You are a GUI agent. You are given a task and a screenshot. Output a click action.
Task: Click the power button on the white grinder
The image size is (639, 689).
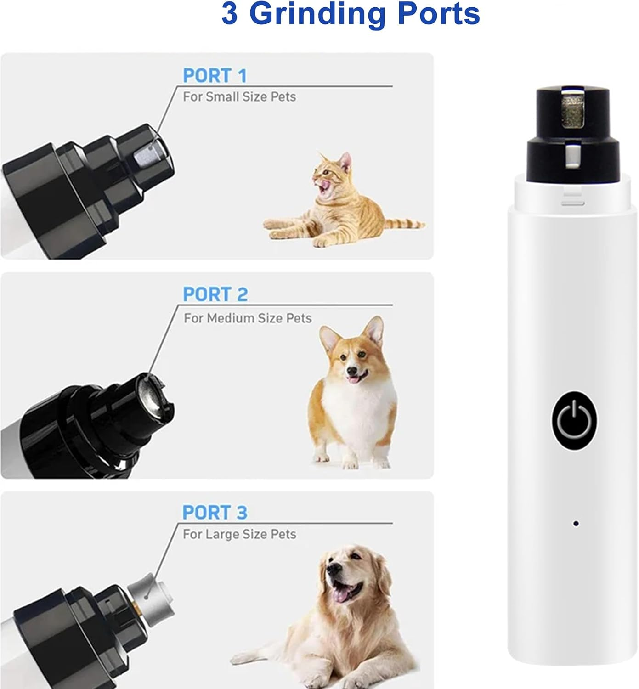(x=574, y=420)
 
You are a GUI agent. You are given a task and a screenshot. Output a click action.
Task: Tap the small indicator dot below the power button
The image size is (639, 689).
(x=576, y=523)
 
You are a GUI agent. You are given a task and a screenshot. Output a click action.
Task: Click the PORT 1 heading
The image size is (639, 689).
(x=215, y=76)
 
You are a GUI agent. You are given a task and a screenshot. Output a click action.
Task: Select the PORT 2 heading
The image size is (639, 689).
(x=215, y=294)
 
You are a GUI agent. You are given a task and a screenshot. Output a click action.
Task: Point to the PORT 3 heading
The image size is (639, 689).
(x=215, y=513)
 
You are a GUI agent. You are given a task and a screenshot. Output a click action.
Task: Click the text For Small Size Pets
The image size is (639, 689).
(x=239, y=97)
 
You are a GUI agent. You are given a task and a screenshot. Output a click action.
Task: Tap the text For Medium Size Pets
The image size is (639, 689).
(x=247, y=318)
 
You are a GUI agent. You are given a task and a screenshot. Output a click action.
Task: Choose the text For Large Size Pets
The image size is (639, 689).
(x=239, y=534)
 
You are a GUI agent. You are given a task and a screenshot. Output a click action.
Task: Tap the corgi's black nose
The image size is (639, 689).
(x=351, y=371)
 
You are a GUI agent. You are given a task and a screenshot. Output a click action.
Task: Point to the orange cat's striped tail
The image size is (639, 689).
(x=404, y=224)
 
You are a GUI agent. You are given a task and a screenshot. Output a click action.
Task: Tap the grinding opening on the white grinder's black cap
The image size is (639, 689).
(x=571, y=110)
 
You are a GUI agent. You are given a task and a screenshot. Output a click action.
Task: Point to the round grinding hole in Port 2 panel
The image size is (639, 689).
(x=150, y=395)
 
